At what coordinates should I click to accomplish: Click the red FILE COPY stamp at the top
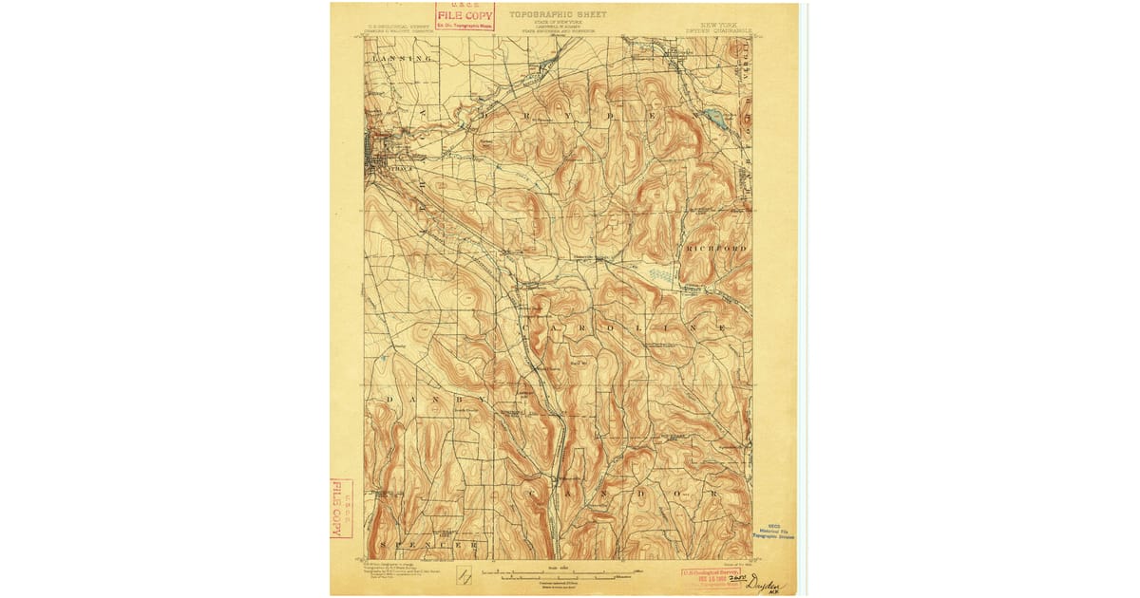coord(465,16)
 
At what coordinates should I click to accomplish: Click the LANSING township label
coord(402,59)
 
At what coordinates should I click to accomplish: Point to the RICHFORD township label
coord(716,248)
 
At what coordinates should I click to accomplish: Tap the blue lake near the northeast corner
coord(713,119)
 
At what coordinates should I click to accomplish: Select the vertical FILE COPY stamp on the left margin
coord(341,508)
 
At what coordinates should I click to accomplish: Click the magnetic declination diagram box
coord(465,576)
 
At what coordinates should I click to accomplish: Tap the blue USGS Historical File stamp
coord(773,532)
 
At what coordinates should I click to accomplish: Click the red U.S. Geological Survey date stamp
coord(713,577)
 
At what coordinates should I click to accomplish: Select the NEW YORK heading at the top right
coord(722,15)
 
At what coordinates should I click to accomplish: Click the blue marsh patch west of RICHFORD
coord(662,274)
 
